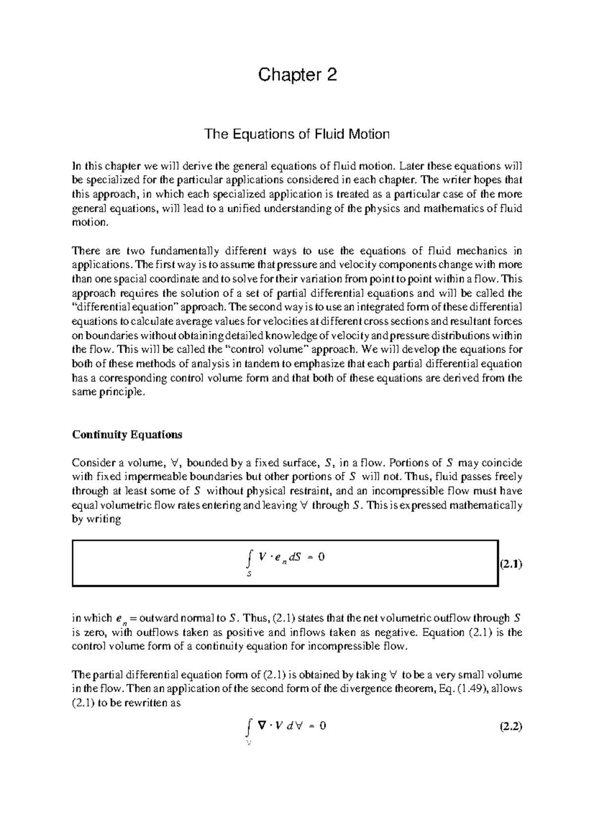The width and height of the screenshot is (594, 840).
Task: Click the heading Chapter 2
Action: pos(297,75)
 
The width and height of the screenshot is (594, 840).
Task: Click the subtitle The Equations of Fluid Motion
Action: pos(297,134)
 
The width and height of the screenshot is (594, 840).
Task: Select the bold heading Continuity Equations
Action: pos(127,435)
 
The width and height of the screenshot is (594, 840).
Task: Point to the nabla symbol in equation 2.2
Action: pos(261,726)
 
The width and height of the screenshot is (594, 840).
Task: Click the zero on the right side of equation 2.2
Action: pos(323,726)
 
